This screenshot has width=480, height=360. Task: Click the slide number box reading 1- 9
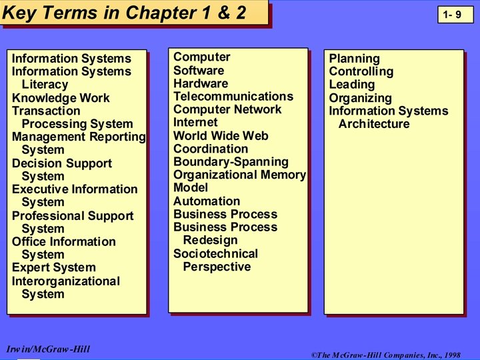(455, 15)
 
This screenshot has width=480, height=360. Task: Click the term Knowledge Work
(61, 98)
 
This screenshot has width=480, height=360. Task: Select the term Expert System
(54, 268)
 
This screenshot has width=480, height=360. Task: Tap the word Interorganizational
(66, 281)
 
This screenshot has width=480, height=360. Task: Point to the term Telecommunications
(233, 97)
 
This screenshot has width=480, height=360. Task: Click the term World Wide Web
(221, 136)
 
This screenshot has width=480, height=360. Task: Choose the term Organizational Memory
(239, 175)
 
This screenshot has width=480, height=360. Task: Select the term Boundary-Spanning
(231, 162)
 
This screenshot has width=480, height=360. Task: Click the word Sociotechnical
(215, 254)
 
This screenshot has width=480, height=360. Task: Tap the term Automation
(207, 201)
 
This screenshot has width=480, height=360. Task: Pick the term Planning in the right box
(354, 59)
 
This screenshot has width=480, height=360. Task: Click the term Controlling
(361, 72)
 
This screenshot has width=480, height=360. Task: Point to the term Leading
(351, 85)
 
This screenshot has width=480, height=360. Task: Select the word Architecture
(374, 124)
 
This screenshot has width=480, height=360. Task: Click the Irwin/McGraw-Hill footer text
(47, 349)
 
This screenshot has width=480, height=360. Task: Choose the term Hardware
(200, 83)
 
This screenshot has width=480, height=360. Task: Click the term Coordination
(210, 149)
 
